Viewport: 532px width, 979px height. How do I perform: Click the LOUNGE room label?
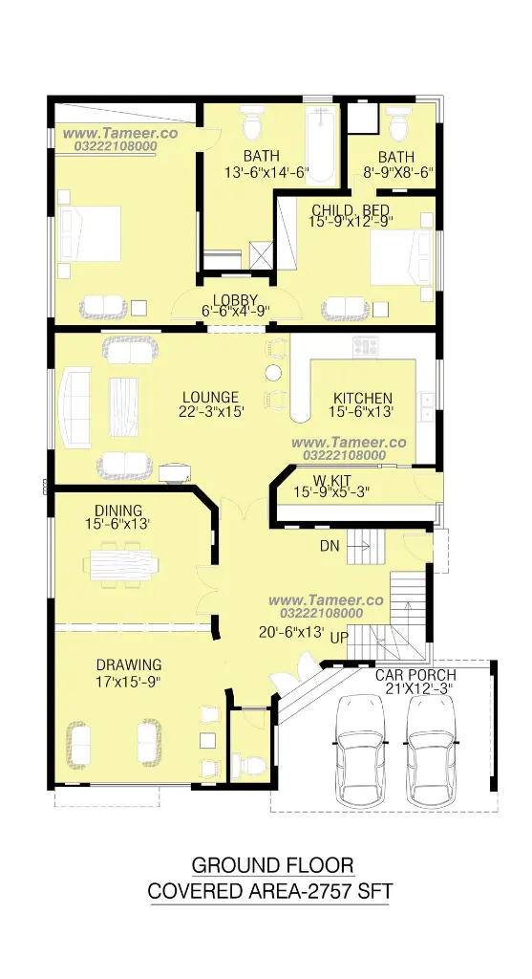tap(210, 397)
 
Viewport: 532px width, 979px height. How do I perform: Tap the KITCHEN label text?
tap(363, 399)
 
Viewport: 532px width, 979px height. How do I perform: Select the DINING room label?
tap(118, 511)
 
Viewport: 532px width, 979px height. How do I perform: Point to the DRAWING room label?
tap(129, 665)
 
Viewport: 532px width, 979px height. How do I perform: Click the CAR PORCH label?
tap(415, 675)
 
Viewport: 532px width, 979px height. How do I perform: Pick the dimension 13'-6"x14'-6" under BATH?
tap(266, 172)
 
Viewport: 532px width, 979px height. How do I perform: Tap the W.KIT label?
tap(331, 480)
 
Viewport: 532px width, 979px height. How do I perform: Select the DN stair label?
tap(330, 546)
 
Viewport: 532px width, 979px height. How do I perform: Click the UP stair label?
tap(339, 638)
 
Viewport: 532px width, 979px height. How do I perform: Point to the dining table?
tap(120, 564)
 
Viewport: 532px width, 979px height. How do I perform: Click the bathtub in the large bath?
tap(321, 145)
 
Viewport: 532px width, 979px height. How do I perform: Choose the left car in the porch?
tap(360, 751)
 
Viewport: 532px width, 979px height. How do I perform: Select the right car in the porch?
tap(431, 751)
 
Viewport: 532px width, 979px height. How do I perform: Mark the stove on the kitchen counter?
tap(366, 347)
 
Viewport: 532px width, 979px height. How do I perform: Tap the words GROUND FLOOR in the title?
tap(272, 865)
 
